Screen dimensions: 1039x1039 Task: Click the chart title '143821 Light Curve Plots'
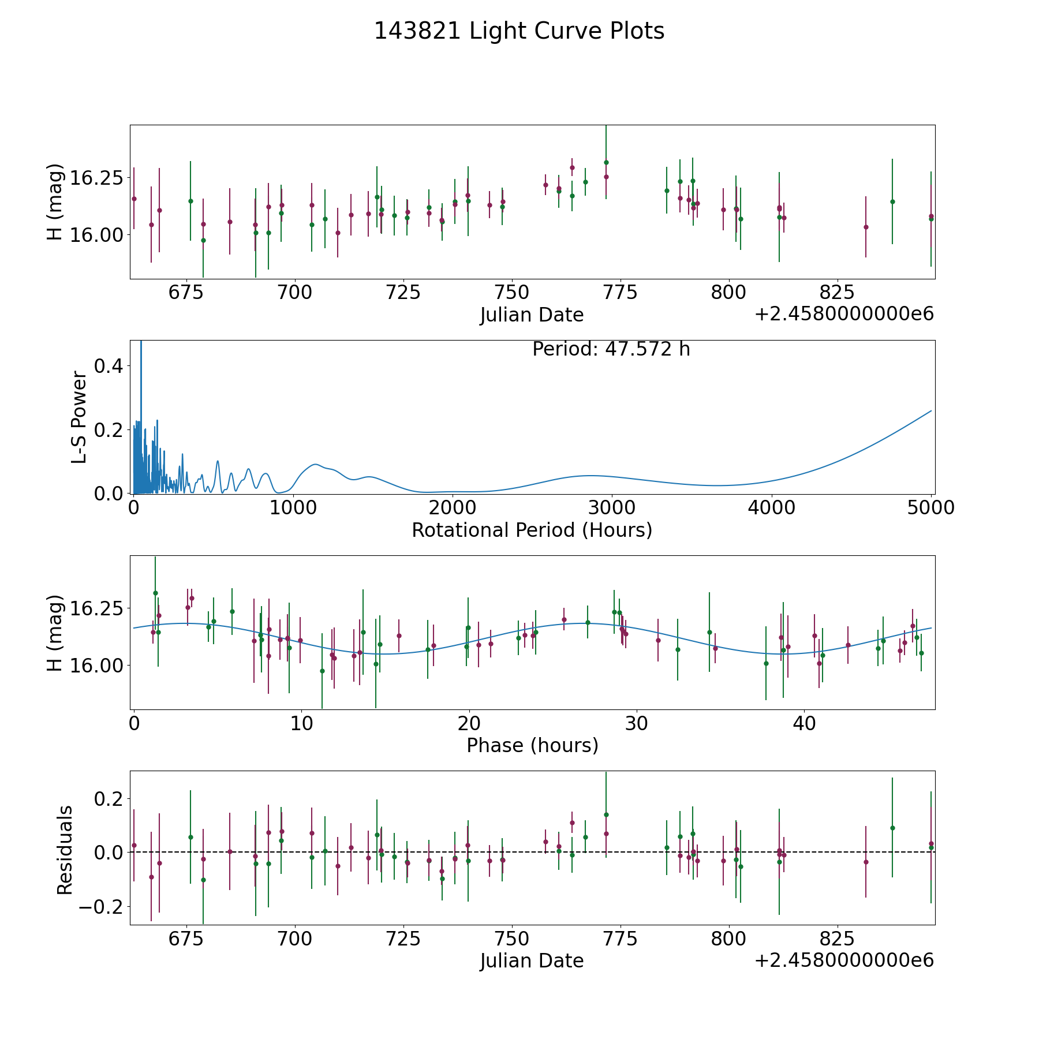pos(519,31)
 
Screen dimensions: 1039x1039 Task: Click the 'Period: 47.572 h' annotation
pos(611,349)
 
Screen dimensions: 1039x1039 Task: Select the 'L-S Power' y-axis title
pos(79,417)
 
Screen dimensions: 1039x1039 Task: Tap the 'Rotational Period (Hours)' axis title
pos(532,530)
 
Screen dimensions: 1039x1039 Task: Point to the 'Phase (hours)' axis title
pos(532,745)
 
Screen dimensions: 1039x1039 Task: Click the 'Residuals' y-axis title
pos(65,850)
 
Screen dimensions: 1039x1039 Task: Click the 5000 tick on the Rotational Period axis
pos(930,508)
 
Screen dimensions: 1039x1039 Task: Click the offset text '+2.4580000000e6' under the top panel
pos(844,314)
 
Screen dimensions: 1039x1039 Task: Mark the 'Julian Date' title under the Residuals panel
pos(532,960)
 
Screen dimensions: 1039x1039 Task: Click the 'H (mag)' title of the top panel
pos(54,202)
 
